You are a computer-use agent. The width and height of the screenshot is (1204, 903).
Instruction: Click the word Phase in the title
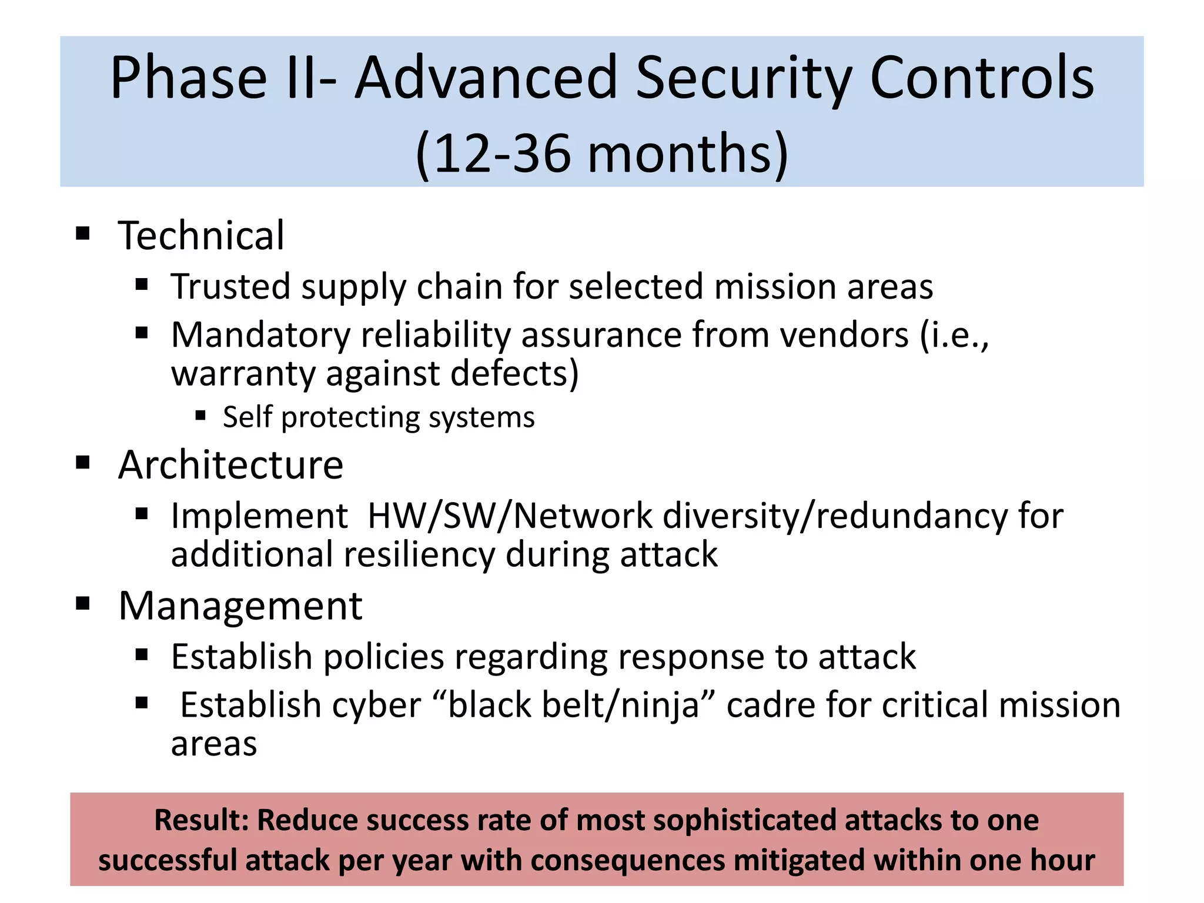pyautogui.click(x=188, y=78)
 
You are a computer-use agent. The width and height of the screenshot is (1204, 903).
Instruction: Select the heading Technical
pyautogui.click(x=201, y=235)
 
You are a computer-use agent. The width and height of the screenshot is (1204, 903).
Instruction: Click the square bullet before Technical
pyautogui.click(x=83, y=233)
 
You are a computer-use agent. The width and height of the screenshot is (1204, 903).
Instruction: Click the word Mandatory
pyautogui.click(x=260, y=335)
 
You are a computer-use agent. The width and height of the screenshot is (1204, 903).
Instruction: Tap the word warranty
pyautogui.click(x=243, y=373)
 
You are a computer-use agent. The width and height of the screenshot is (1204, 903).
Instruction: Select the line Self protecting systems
pyautogui.click(x=379, y=417)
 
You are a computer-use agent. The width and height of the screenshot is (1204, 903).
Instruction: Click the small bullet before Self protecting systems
pyautogui.click(x=200, y=416)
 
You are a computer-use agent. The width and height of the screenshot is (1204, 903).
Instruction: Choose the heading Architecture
pyautogui.click(x=230, y=464)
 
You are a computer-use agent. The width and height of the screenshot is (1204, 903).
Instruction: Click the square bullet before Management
pyautogui.click(x=83, y=604)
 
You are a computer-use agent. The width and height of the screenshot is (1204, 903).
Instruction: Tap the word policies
pyautogui.click(x=383, y=657)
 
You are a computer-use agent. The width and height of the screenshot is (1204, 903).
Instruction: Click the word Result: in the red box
pyautogui.click(x=202, y=820)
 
